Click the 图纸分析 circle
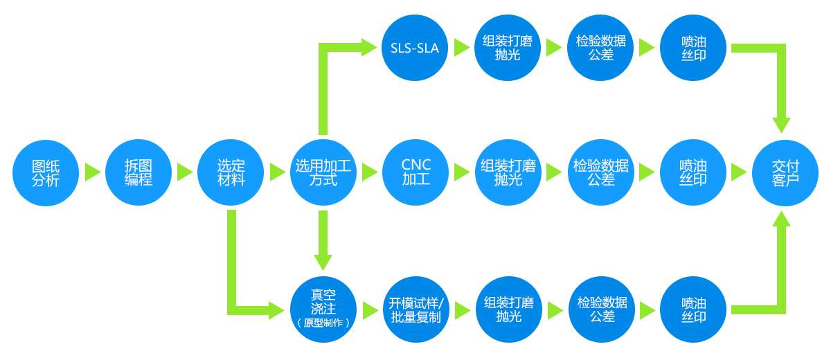tap(46, 172)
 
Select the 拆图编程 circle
tap(138, 172)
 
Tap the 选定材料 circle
tap(231, 172)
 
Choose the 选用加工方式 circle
tap(323, 172)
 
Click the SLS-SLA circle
tap(415, 47)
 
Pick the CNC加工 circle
tap(415, 172)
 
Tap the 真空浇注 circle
tap(323, 309)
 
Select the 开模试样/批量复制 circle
tap(415, 309)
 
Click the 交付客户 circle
tap(785, 172)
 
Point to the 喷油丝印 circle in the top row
tap(693, 47)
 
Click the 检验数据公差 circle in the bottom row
tap(601, 309)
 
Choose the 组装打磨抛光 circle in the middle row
tap(508, 172)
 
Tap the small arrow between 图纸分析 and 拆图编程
tap(92, 172)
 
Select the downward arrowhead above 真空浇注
tap(323, 262)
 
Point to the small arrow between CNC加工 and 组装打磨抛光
tap(462, 172)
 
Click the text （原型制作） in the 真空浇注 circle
tap(323, 323)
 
